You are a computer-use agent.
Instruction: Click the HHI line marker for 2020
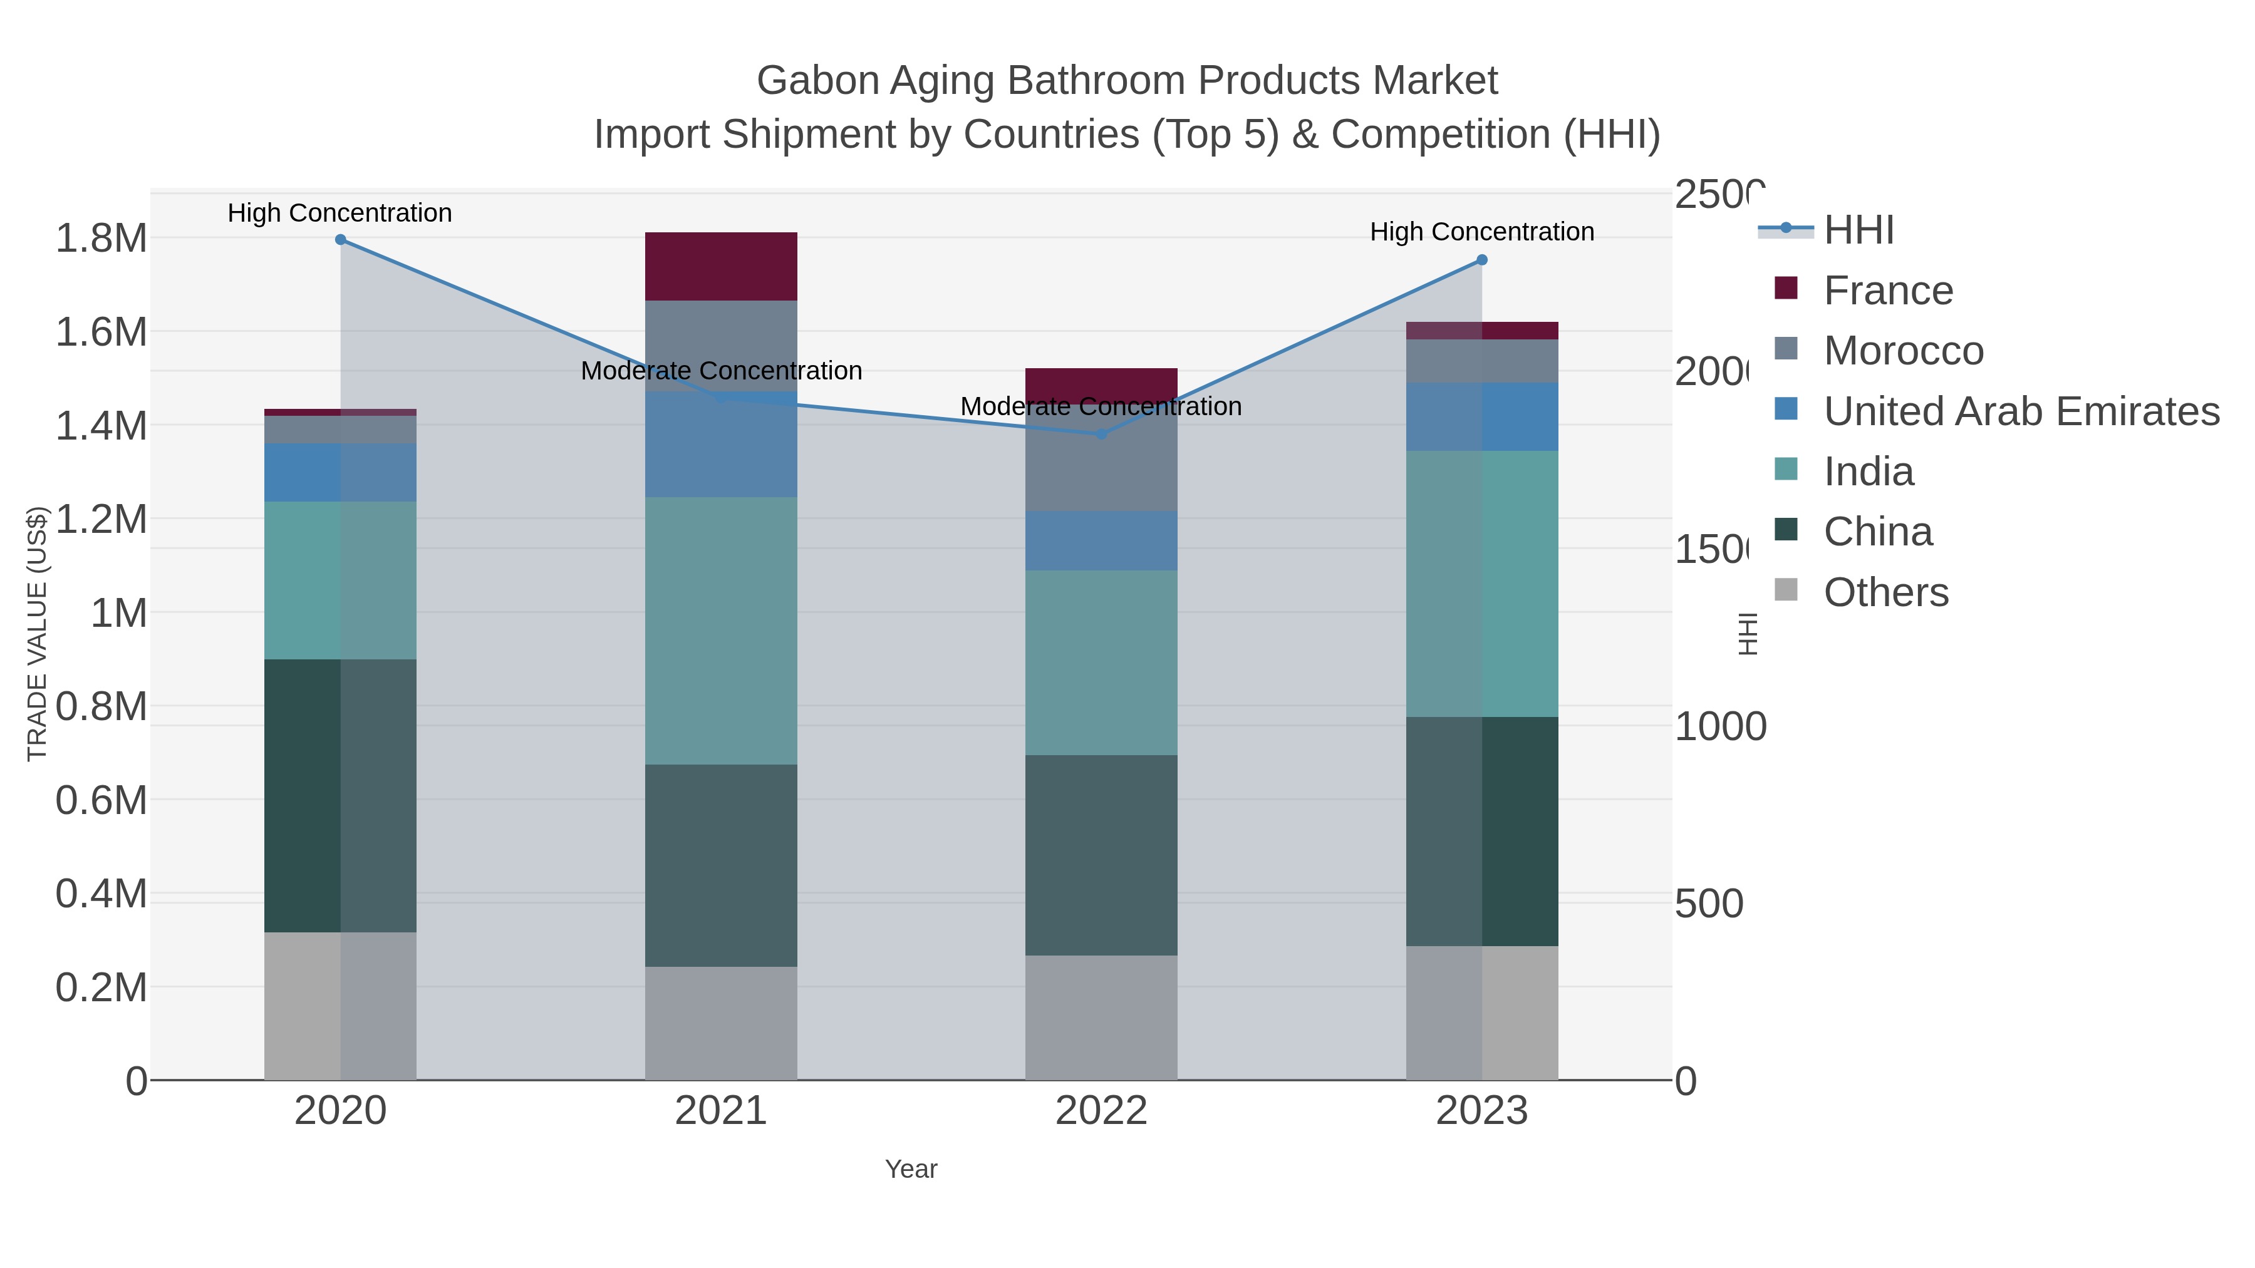pos(341,240)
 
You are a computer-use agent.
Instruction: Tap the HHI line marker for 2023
pos(1481,260)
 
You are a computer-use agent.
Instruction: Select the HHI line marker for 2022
pos(1101,434)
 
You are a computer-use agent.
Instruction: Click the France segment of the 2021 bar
pos(720,267)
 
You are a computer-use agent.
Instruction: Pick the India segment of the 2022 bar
pos(1101,662)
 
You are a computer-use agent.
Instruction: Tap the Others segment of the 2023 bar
pos(1481,1013)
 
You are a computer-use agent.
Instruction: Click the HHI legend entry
pos(1858,230)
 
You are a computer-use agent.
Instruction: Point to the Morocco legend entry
pos(1902,351)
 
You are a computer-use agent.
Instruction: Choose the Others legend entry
pos(1885,592)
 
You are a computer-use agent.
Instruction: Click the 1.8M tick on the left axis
pos(101,238)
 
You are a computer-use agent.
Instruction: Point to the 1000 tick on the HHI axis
pos(1719,726)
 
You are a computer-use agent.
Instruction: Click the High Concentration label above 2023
pos(1481,232)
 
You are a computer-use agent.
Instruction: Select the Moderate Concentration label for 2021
pos(720,371)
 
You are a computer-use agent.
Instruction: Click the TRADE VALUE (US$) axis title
pos(37,634)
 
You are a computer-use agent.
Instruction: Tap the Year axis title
pos(910,1169)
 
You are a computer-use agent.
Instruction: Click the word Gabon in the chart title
pos(817,81)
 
